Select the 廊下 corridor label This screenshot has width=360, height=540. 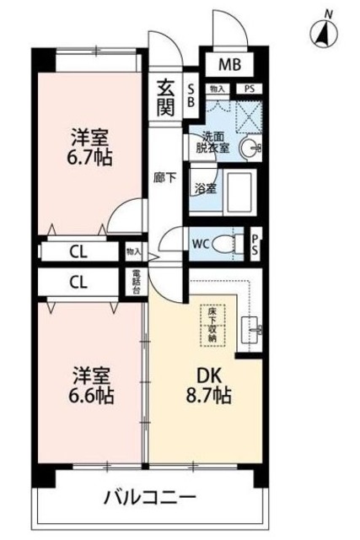click(x=164, y=178)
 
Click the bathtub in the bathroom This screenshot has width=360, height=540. click(x=239, y=187)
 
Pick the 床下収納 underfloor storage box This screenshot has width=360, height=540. click(x=212, y=321)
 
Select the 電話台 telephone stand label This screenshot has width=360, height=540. click(x=137, y=280)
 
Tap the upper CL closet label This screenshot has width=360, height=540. click(x=77, y=251)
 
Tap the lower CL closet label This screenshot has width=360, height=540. click(x=77, y=282)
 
